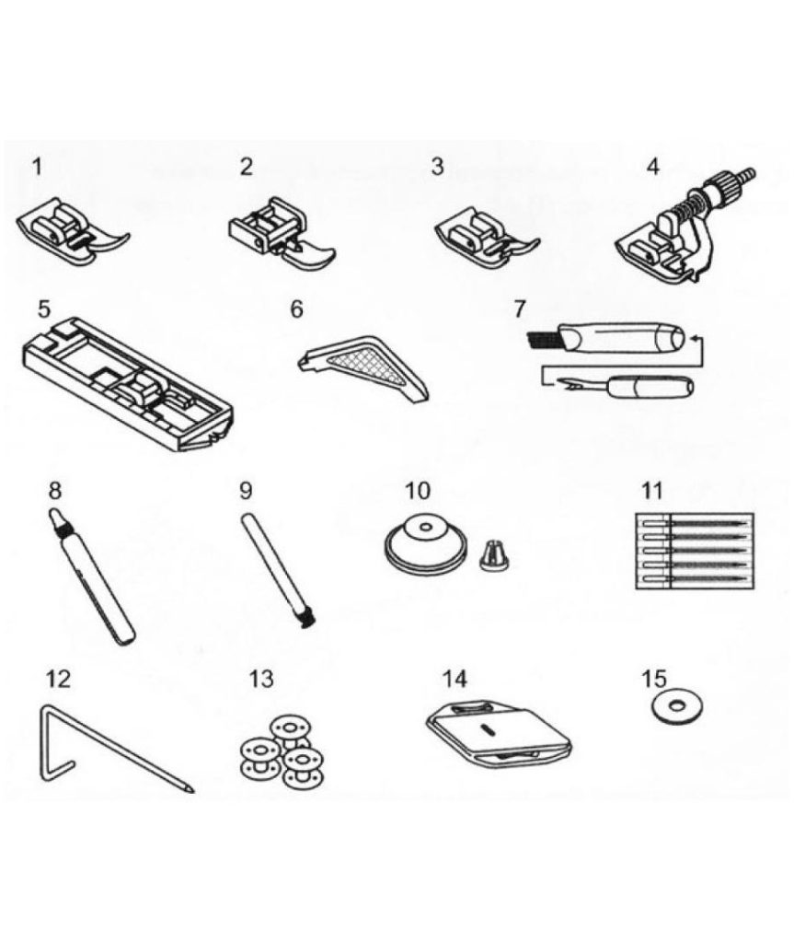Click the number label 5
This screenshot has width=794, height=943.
[x=44, y=309]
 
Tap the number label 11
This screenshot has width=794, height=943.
[x=652, y=490]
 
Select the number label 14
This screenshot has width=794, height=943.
[x=455, y=679]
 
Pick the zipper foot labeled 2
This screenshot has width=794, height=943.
[x=281, y=233]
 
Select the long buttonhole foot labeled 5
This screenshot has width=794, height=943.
[x=127, y=383]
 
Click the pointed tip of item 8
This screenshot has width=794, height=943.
[x=52, y=514]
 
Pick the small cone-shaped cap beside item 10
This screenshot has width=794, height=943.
[x=496, y=555]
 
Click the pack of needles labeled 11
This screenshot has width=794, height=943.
[x=695, y=551]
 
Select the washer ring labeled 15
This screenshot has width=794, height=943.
[x=677, y=709]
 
